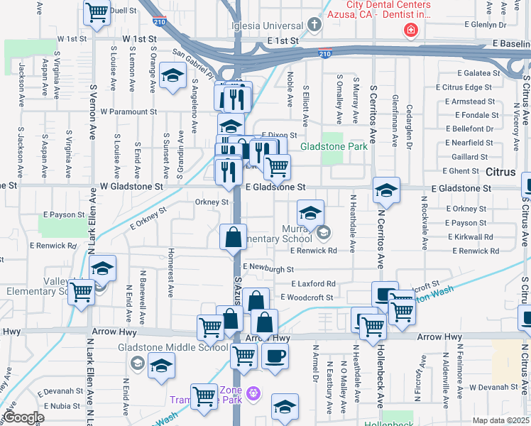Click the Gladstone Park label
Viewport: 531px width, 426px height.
333,147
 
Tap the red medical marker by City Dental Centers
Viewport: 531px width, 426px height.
410,30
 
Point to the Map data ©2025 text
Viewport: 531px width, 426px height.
500,420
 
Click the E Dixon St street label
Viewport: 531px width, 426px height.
278,134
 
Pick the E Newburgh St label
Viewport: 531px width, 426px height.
268,268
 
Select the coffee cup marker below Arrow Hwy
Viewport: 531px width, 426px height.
275,355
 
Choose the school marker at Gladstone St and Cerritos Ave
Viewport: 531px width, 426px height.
386,190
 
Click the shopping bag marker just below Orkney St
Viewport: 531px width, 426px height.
233,237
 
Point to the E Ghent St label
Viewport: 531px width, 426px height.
461,171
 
